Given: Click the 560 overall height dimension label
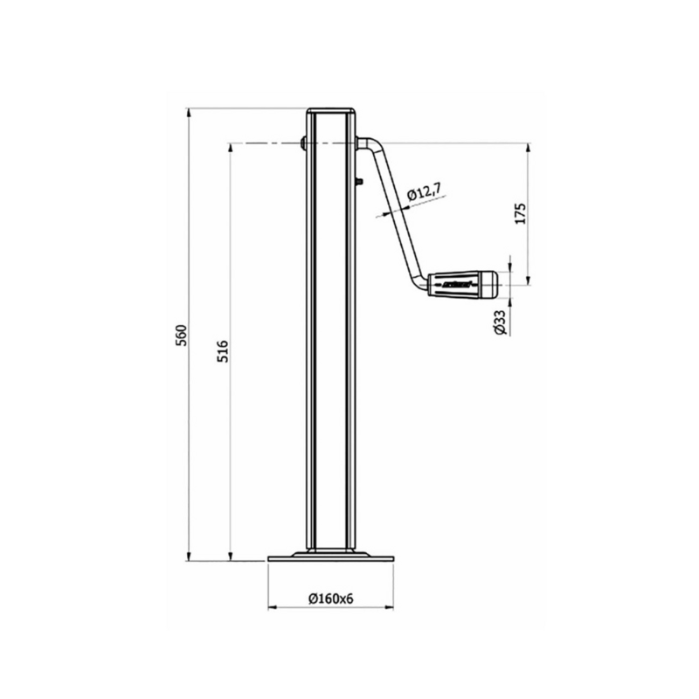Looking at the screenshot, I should [182, 335].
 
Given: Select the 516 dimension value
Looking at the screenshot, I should [222, 351].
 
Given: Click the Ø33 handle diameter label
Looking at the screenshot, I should [499, 323].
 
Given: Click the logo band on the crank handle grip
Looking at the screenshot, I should [454, 284].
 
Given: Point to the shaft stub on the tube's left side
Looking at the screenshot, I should [302, 142].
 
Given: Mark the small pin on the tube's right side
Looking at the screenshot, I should [359, 181].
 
